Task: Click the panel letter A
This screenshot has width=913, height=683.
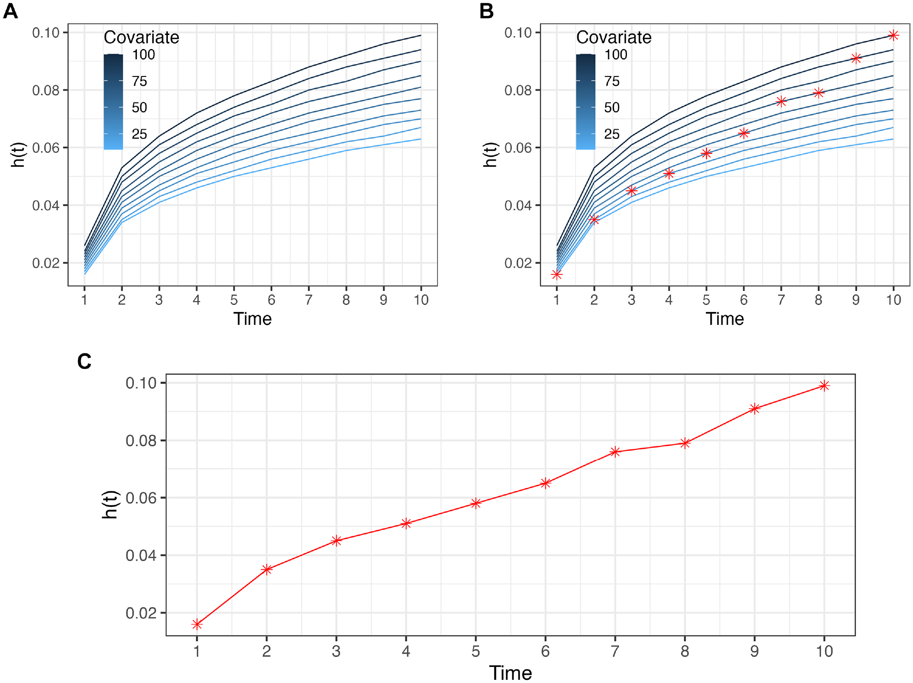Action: pos(10,11)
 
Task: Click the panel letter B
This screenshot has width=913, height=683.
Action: pos(486,11)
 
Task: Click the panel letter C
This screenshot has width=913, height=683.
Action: pos(84,361)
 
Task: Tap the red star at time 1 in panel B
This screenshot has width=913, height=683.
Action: pos(557,274)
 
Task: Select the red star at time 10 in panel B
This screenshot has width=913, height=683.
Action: pos(893,35)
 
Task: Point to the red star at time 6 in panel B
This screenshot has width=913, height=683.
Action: pos(744,133)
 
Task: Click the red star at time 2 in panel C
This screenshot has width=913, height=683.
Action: pos(266,569)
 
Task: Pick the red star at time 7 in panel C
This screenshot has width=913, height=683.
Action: pos(615,452)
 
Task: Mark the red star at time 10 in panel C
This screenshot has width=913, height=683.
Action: pos(824,385)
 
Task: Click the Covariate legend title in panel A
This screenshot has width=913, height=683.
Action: pos(141,37)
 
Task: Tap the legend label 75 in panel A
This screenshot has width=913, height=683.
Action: pos(139,81)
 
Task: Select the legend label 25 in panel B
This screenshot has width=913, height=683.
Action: pos(612,134)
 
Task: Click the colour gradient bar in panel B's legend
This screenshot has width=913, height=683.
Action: pos(586,102)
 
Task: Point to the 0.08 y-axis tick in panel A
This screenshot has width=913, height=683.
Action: pos(45,90)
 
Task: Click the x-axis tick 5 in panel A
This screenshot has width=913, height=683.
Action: pos(234,300)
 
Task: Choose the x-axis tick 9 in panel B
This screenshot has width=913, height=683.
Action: pos(856,300)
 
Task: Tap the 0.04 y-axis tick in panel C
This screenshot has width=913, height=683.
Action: pos(141,555)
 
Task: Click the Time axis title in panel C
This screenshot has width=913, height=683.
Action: pos(510,673)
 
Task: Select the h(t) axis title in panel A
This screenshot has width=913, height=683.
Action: pos(18,154)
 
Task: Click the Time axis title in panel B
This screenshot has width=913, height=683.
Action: pos(725,319)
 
